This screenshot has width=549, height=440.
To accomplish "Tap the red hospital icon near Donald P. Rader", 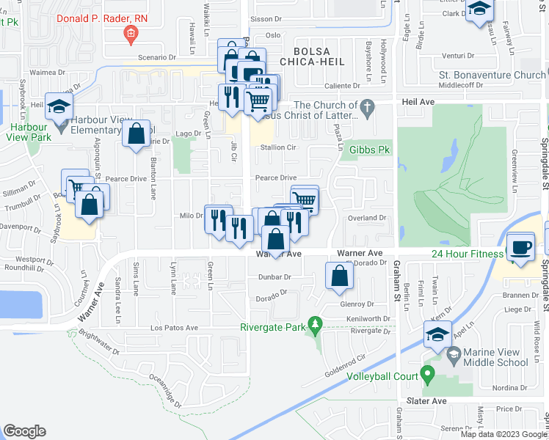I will pos(131,32).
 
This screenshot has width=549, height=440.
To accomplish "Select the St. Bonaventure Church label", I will pos(492,75).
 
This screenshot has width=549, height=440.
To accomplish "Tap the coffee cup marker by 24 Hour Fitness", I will pos(521,247).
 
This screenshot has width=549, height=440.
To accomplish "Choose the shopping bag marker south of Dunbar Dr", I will pos(339,276).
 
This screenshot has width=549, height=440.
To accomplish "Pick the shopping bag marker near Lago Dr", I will pos(136,135).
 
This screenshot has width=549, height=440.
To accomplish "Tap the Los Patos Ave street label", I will pos(175,328).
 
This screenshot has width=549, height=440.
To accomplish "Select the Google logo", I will pos(24,430).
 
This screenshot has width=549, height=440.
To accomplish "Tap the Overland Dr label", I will pos(367,218).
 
